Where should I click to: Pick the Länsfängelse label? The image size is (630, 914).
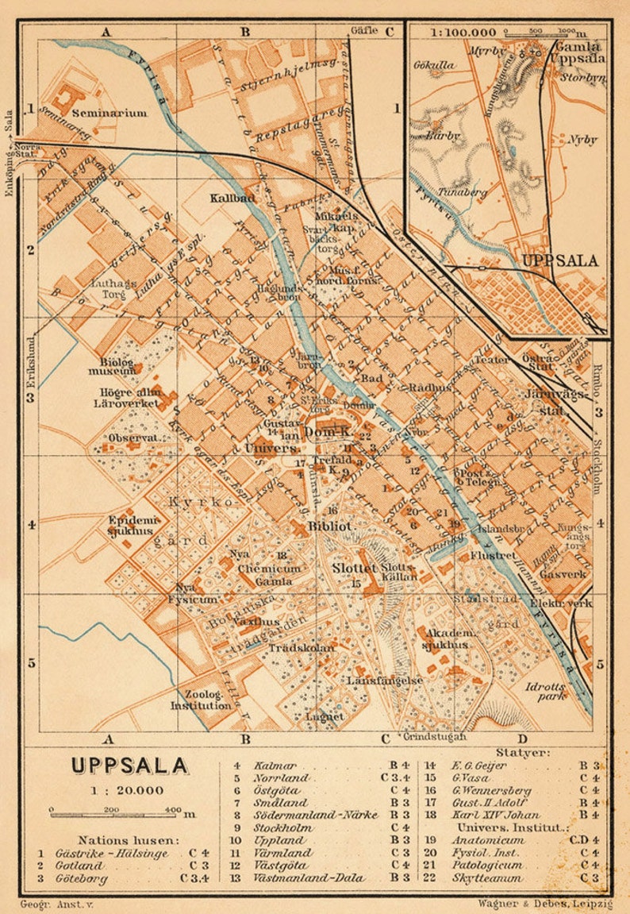pos(384,681)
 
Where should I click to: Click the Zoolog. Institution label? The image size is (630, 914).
pos(202,699)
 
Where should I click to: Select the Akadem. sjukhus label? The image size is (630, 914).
pos(451,639)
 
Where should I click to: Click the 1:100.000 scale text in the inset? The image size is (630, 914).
pos(463,33)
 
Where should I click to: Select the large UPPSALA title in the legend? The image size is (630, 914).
pos(129,766)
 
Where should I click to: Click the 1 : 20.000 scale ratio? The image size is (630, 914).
pos(129,790)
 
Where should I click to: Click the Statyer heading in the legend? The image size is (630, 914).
pos(523,752)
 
